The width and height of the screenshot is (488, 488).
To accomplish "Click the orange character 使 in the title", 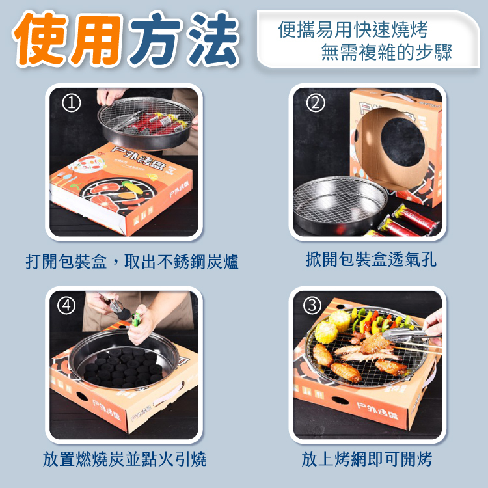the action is (x=40, y=39).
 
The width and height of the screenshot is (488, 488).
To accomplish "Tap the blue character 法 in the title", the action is (x=214, y=39).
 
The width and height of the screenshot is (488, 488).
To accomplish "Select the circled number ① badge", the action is (x=72, y=103).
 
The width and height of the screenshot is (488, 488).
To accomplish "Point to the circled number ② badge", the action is (x=316, y=103).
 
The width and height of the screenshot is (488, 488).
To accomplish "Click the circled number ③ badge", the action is (x=312, y=306).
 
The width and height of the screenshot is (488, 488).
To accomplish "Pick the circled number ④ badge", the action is (x=66, y=306).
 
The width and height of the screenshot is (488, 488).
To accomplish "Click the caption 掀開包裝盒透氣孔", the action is (x=371, y=259).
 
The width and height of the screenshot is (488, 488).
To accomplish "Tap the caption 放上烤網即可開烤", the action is (x=366, y=459).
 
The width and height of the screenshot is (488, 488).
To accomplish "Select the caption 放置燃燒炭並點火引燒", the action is (x=124, y=459).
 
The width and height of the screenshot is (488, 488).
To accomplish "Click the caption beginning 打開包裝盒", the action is (x=131, y=262).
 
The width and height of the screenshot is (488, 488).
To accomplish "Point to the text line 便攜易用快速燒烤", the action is (x=353, y=30).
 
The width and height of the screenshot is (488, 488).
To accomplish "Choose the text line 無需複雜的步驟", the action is (x=386, y=52).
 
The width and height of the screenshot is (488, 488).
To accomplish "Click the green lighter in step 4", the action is (x=136, y=319).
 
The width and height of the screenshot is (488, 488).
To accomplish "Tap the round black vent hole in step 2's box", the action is (x=403, y=142).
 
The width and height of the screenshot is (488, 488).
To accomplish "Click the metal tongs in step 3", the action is (x=405, y=336).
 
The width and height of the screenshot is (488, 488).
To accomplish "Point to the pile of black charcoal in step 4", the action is (x=123, y=368).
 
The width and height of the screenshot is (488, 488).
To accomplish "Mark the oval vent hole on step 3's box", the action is (x=340, y=401).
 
